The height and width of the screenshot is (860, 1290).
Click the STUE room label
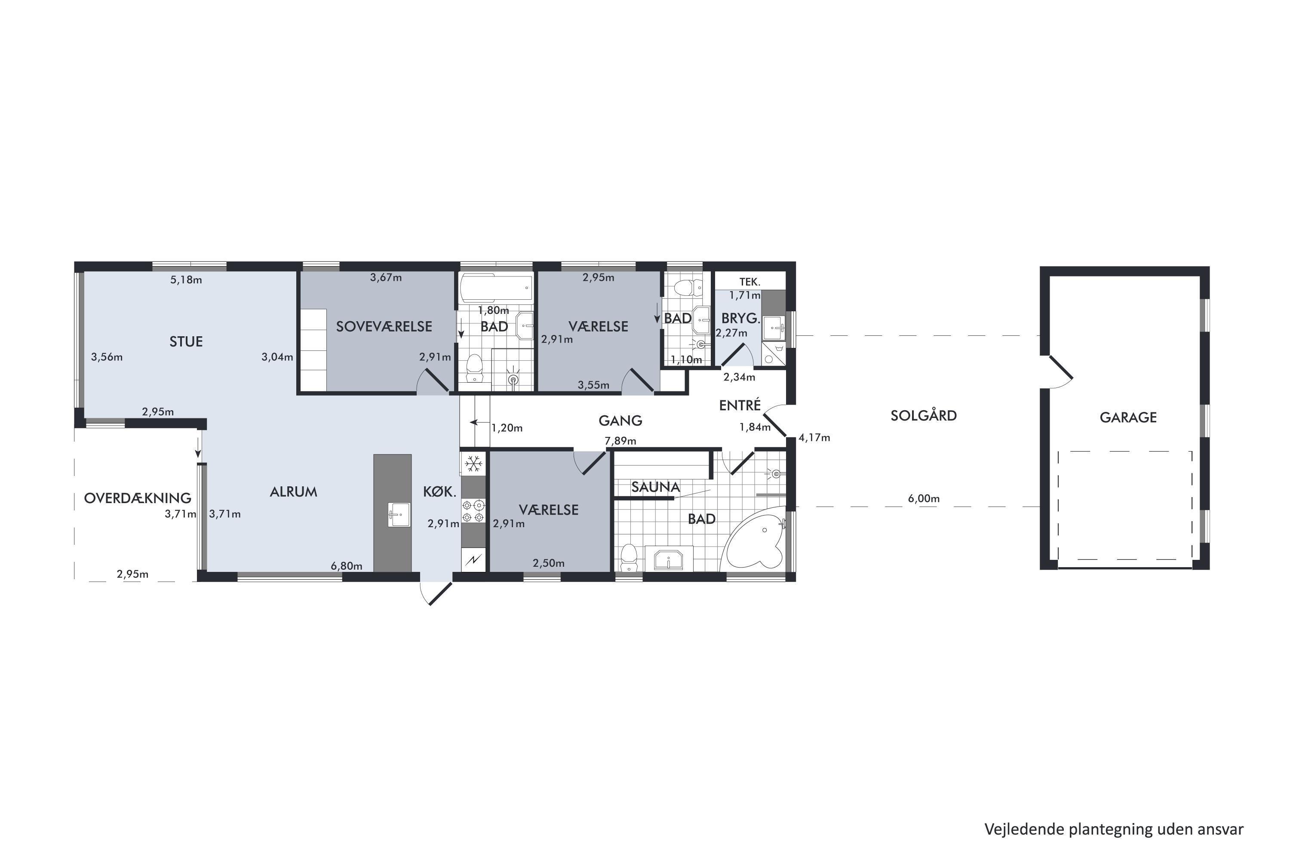click(x=186, y=342)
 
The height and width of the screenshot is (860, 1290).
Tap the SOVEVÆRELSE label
click(x=384, y=326)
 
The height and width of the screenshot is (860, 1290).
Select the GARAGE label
click(x=1128, y=418)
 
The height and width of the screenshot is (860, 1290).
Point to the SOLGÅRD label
click(x=924, y=415)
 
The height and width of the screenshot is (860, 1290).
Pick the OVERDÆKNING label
click(x=138, y=498)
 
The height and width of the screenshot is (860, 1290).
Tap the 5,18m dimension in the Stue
click(x=186, y=280)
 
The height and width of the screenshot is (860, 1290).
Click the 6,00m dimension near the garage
click(x=924, y=498)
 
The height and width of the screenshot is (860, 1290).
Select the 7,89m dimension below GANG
click(x=620, y=441)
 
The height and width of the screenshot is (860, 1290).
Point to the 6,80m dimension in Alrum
click(x=346, y=566)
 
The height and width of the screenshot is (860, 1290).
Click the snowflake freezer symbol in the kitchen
click(x=473, y=464)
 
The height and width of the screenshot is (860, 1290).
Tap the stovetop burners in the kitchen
click(x=473, y=511)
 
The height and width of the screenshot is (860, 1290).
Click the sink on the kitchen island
click(x=399, y=514)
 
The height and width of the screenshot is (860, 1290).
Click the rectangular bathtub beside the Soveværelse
click(x=496, y=289)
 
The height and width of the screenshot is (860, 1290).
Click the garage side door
click(x=1060, y=372)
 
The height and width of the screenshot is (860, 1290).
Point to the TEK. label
click(x=750, y=282)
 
